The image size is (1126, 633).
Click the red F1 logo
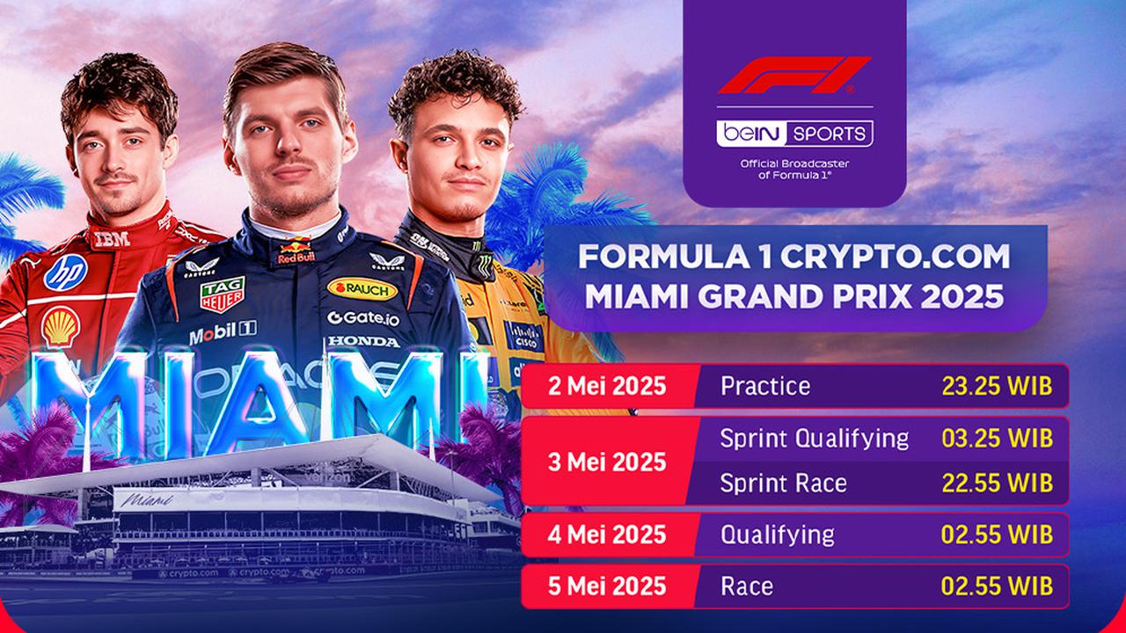[793, 76]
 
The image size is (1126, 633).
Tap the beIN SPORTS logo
[794, 134]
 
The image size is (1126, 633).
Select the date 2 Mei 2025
[607, 387]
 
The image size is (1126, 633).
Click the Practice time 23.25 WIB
[995, 387]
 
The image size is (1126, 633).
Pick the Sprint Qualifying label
[815, 438]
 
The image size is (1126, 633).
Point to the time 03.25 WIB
[995, 438]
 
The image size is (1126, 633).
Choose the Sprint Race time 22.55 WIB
[995, 483]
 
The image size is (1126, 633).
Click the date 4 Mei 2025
[607, 535]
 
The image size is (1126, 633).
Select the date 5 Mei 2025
[607, 586]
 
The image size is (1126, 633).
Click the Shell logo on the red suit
[60, 327]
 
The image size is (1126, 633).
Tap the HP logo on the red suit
[66, 272]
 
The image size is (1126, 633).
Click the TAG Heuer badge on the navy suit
[222, 295]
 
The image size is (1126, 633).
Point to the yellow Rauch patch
[362, 288]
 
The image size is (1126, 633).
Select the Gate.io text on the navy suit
[363, 318]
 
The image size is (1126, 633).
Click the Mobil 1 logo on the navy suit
[222, 333]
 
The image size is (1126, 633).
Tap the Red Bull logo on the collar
[296, 252]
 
